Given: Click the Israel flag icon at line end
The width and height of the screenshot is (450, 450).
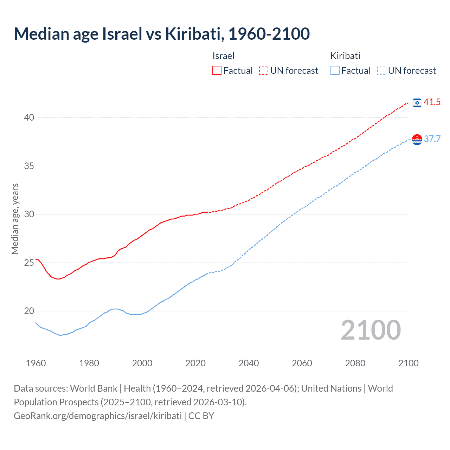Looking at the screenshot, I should [417, 102].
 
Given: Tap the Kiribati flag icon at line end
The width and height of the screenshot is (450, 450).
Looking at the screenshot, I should [417, 140].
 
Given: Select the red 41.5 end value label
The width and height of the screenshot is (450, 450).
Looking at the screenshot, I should [432, 102].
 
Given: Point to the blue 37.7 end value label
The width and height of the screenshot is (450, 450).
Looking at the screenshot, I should [432, 139].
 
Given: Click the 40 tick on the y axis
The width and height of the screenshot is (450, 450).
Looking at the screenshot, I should [29, 117].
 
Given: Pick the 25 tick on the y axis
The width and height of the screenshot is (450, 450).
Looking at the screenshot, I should [29, 263].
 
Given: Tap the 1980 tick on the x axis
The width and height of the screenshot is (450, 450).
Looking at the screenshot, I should [89, 363].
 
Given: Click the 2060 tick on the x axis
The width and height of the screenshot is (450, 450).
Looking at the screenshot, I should [302, 363].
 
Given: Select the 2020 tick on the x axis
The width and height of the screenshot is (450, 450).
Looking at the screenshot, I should [195, 363].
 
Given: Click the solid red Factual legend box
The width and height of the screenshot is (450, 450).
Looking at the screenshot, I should [217, 71].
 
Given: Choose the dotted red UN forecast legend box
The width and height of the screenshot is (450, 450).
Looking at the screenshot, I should [264, 71].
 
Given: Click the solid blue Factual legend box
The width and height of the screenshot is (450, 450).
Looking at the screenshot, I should [335, 71].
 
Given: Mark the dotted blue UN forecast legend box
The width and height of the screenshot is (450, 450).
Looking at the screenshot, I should [382, 71].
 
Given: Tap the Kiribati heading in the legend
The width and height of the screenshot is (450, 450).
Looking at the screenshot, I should [345, 56].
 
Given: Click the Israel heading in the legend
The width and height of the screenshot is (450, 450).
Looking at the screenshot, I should [223, 56].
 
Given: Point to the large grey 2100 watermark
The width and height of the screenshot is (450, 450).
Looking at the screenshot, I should [371, 330].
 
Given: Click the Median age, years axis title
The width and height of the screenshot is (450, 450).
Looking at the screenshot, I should [15, 219].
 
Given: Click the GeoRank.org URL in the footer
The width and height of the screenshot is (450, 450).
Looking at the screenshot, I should [98, 416].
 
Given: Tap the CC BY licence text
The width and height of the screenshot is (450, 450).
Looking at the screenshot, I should [201, 416].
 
